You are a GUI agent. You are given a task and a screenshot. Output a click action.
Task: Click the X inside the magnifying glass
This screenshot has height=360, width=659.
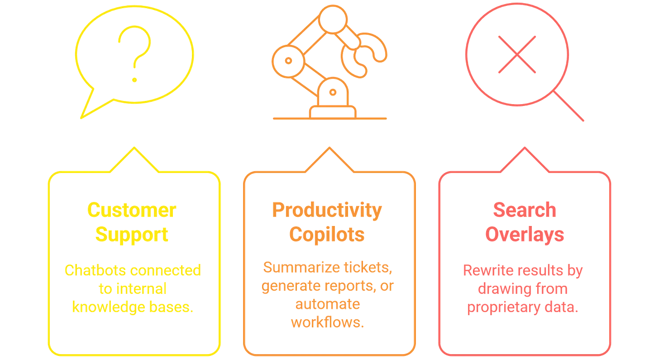(517, 55)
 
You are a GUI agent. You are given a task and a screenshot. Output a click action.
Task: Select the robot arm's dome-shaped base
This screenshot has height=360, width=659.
(334, 94)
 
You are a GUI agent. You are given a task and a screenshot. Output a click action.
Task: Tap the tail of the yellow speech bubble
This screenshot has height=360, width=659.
(89, 107)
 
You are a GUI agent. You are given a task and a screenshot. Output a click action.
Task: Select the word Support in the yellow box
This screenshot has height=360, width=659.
(134, 235)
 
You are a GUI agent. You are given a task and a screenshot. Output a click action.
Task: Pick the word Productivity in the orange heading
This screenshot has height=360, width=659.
(327, 210)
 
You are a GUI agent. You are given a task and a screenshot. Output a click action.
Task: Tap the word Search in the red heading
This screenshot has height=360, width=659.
(524, 210)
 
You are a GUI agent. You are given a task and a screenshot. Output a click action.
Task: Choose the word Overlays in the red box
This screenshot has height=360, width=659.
(524, 235)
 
